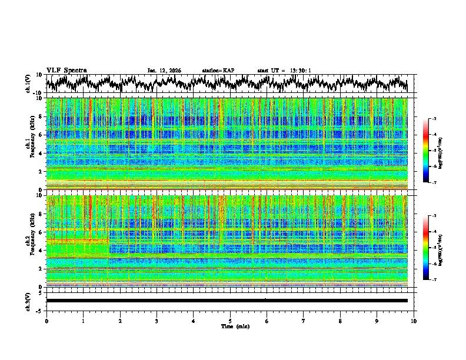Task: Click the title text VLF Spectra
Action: coord(66,70)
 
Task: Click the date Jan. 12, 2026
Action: coord(164,71)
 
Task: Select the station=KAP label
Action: coord(218,71)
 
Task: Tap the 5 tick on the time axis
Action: coord(230,321)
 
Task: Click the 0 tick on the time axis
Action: coord(46,321)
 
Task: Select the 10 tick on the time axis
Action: coord(414,321)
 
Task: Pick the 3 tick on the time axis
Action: coord(157,321)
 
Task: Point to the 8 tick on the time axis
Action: coord(340,321)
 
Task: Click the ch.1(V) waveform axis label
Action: coord(29,84)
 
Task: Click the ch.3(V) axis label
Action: coord(29,301)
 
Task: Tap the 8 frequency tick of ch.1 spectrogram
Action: coord(41,116)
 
